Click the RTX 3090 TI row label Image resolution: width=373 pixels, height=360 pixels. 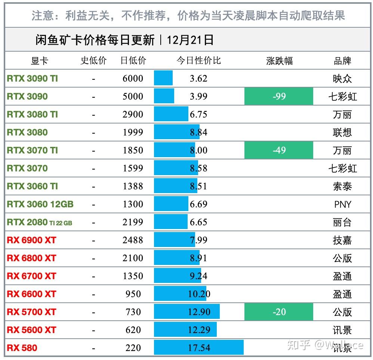(33, 79)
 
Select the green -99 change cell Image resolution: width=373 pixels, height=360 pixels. (279, 97)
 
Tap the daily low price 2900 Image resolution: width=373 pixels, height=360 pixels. (133, 115)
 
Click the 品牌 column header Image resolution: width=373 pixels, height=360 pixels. (342, 61)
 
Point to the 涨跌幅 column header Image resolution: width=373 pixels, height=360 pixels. (279, 61)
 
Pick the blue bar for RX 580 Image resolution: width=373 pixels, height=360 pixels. (198, 348)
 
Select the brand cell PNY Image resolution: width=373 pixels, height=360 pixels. (342, 204)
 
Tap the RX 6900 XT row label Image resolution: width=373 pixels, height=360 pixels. (31, 240)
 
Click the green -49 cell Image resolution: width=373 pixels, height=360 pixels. (279, 150)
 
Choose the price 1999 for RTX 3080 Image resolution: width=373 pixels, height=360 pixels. (133, 132)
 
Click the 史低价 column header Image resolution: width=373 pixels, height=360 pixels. (93, 61)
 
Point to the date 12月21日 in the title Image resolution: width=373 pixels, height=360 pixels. (190, 40)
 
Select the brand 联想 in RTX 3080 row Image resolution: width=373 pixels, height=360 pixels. (342, 132)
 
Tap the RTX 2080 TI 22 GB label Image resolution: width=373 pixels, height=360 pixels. (39, 222)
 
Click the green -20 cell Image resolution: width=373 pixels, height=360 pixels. (279, 312)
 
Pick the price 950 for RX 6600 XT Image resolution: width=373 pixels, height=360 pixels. (133, 294)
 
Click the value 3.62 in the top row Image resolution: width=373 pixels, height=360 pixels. (198, 79)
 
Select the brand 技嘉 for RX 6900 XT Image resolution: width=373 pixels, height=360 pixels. (342, 240)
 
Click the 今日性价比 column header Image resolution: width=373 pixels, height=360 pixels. (198, 61)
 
